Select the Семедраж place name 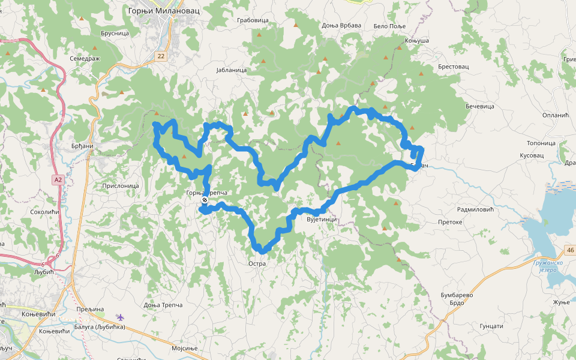click(x=84, y=59)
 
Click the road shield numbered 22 click(x=161, y=56)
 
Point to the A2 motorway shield click(x=58, y=179)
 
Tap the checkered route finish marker click(x=205, y=200)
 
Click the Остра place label click(x=257, y=263)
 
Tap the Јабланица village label click(x=231, y=70)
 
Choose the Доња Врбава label click(x=341, y=25)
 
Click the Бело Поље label click(x=390, y=26)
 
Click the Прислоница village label click(x=121, y=186)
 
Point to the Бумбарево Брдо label click(x=457, y=299)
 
